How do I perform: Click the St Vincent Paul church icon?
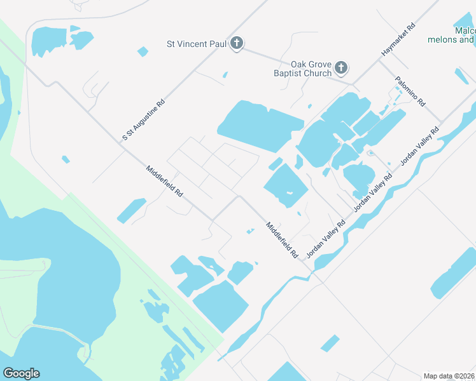pos(236,44)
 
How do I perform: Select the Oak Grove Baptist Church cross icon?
pos(341,67)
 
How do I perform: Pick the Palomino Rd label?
pos(409,91)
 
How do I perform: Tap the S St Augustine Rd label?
pos(144,119)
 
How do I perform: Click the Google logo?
pos(21,373)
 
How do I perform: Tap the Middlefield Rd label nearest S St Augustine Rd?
pos(165,181)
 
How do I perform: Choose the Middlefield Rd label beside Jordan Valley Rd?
pos(283,239)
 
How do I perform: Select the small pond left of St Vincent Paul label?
pos(143,51)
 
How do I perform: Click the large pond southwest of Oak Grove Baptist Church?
pos(258,126)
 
